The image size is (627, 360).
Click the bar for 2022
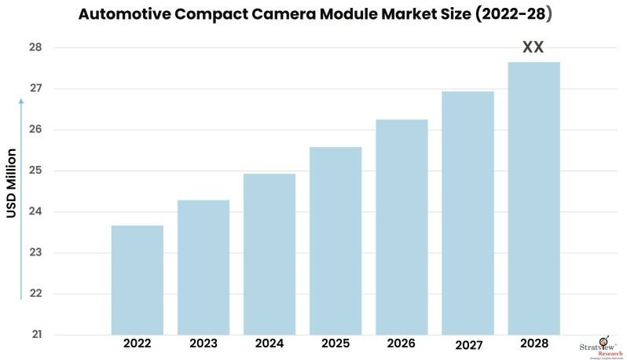[137, 280]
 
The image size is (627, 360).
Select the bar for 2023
[203, 267]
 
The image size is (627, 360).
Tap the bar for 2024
[269, 254]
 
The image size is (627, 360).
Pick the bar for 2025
[335, 241]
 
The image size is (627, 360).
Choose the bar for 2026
[401, 227]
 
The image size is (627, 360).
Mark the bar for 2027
[467, 213]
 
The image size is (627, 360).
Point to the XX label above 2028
[533, 48]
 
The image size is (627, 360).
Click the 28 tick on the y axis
[37, 48]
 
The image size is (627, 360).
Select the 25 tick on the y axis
[37, 171]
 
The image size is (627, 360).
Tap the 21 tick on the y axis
[37, 335]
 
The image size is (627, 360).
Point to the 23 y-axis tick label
[37, 253]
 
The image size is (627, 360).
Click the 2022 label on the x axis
[137, 343]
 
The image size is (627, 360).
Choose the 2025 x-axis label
[335, 343]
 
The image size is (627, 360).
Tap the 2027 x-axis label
[467, 344]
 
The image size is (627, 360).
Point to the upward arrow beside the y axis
[21, 197]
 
